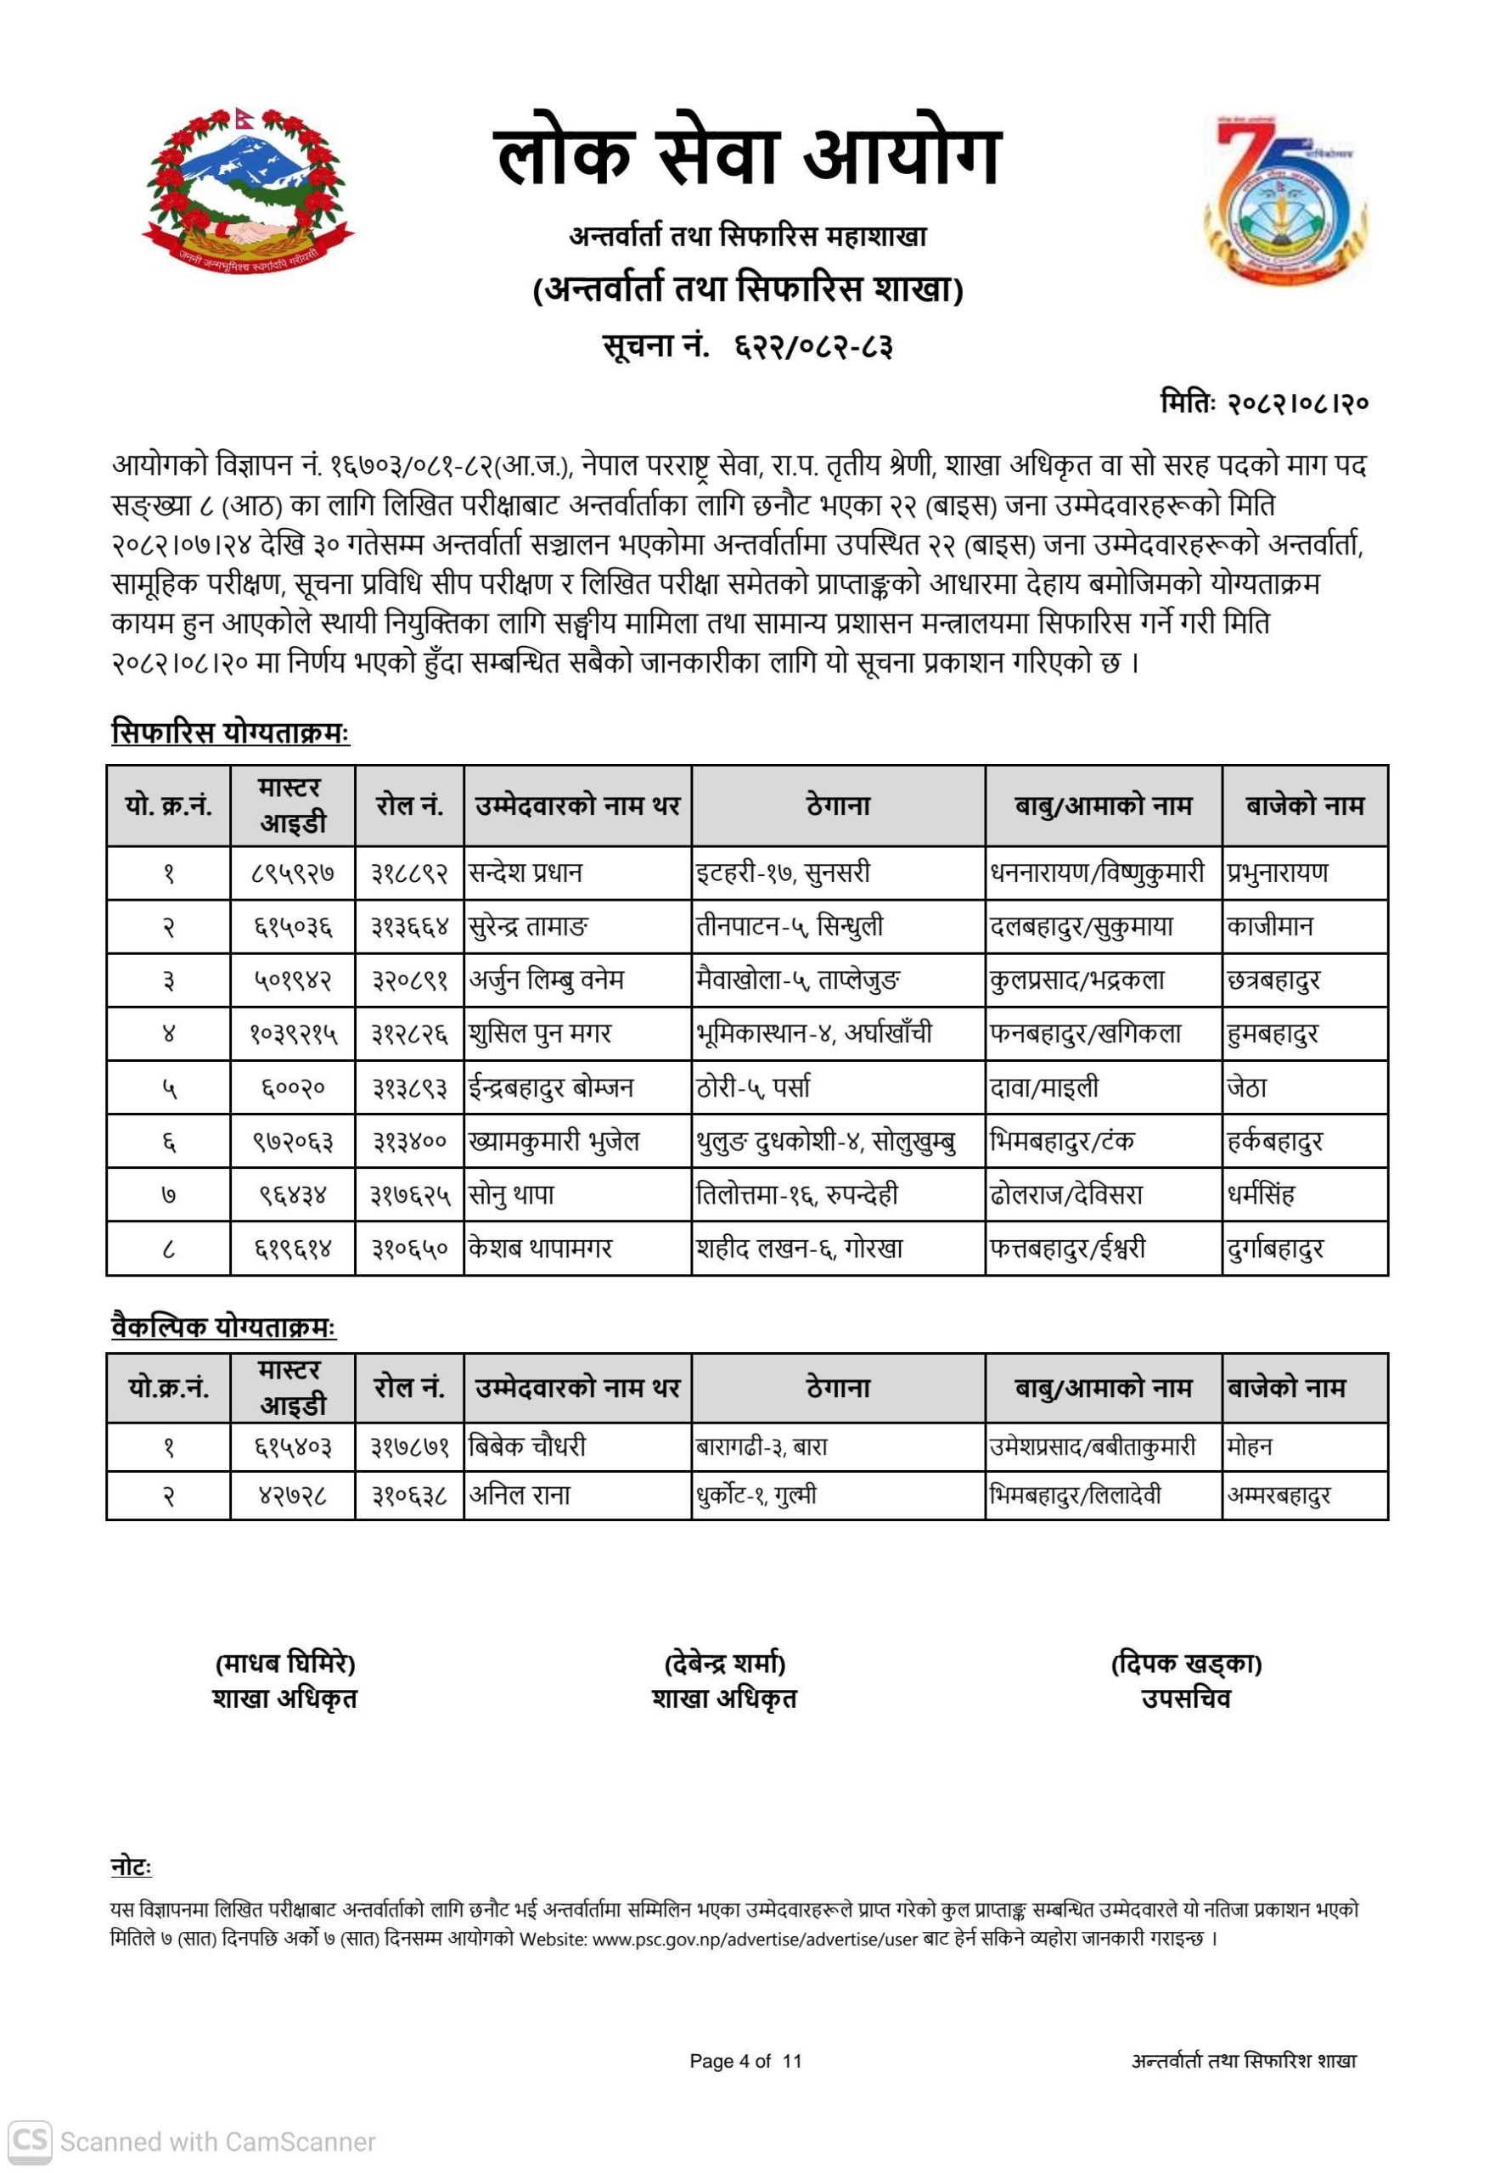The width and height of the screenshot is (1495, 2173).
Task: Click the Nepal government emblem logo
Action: pyautogui.click(x=248, y=188)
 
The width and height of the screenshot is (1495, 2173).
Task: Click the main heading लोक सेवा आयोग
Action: pyautogui.click(x=747, y=155)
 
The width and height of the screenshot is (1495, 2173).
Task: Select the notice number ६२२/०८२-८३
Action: pyautogui.click(x=813, y=347)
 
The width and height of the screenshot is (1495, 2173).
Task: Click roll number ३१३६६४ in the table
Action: pyautogui.click(x=409, y=926)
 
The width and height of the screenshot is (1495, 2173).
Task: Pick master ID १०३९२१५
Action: pyautogui.click(x=293, y=1034)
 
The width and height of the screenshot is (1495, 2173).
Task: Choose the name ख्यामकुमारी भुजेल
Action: pyautogui.click(x=554, y=1141)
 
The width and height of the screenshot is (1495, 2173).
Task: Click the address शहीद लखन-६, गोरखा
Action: pyautogui.click(x=799, y=1249)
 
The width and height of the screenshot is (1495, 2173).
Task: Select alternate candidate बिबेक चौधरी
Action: pyautogui.click(x=527, y=1446)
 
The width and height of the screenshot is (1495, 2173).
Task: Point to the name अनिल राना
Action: pyautogui.click(x=520, y=1495)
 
